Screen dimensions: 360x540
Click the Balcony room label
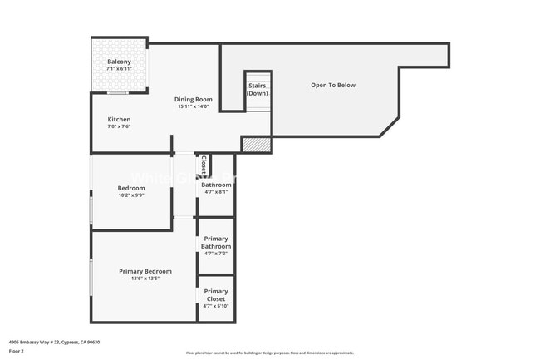[x=119, y=62]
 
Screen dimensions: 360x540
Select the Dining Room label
[x=193, y=99]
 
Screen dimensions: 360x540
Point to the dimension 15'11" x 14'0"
[x=193, y=106]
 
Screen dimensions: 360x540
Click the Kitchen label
[x=119, y=120]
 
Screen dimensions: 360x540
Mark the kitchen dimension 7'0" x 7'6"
[x=119, y=127]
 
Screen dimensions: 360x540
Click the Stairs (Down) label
[x=258, y=89]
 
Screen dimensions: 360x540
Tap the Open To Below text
[x=333, y=85]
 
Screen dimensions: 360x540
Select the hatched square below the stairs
[x=257, y=145]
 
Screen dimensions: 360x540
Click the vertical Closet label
[x=204, y=165]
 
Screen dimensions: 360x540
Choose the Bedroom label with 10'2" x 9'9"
[x=131, y=188]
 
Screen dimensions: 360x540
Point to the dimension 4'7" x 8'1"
[x=215, y=192]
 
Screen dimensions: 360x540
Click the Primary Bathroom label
[x=216, y=242]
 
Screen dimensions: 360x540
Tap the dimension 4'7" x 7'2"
[x=215, y=253]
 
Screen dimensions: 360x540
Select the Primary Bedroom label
[x=145, y=271]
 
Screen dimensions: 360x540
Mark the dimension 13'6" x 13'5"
[x=145, y=279]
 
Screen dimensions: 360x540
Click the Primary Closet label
[x=216, y=295]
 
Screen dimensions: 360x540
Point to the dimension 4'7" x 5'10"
[x=216, y=306]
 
